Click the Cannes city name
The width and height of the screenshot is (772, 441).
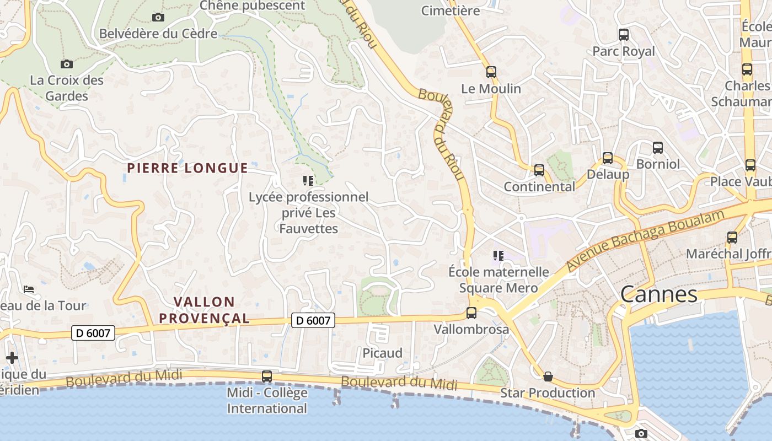[x=658, y=294]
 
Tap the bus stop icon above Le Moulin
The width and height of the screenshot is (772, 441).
[x=491, y=72]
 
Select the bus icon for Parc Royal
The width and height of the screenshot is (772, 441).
[x=624, y=35]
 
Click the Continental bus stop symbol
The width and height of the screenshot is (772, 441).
[x=539, y=170]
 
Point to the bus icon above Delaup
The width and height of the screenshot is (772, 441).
[x=608, y=158]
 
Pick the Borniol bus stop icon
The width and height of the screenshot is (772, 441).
[x=658, y=148]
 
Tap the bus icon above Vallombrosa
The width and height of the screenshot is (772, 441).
[x=471, y=313]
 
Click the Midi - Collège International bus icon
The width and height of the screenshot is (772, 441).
[x=267, y=377]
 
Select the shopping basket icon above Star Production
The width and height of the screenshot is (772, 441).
[x=548, y=377]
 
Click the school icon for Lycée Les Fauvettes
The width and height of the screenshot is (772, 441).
[x=308, y=180]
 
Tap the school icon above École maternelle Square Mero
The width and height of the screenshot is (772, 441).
[x=498, y=255]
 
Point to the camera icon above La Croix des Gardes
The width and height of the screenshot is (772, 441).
[x=67, y=64]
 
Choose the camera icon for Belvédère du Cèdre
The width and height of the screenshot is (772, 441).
[x=158, y=18]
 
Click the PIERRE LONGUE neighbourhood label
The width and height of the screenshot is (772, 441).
[x=187, y=168]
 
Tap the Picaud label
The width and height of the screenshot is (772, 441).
[x=382, y=353]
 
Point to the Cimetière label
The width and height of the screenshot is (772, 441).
[x=451, y=10]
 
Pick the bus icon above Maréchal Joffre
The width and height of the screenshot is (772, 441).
[x=732, y=238]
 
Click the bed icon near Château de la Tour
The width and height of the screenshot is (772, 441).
[x=29, y=289]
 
